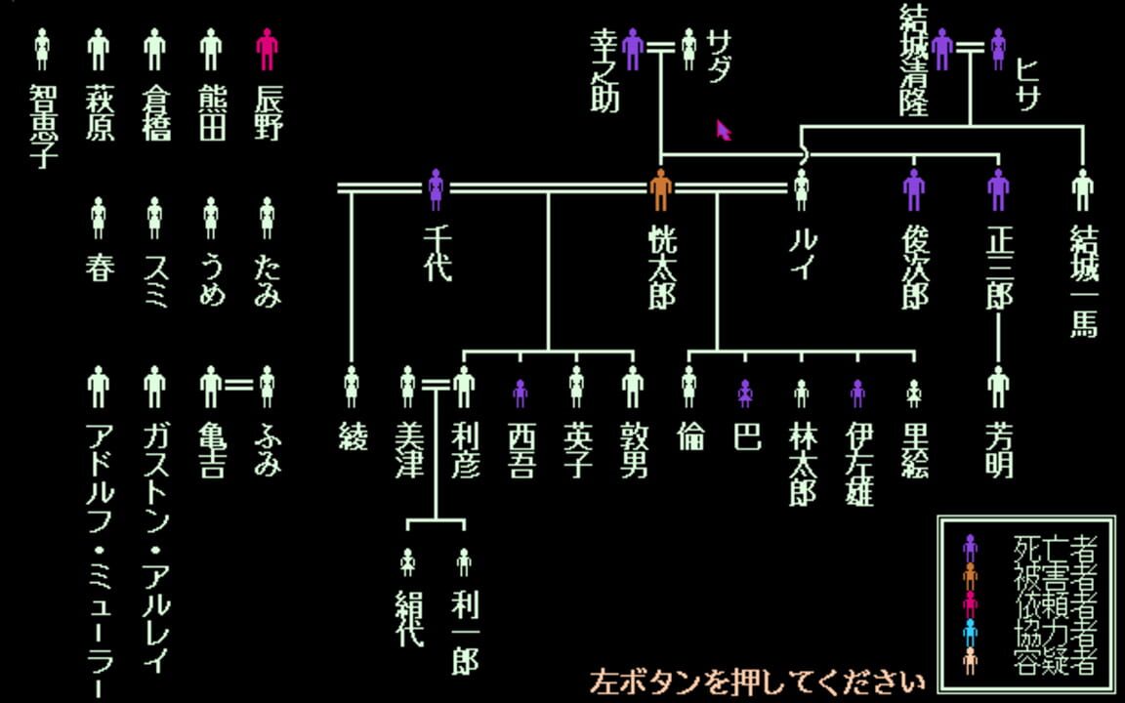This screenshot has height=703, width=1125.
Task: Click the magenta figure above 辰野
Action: point(267,49)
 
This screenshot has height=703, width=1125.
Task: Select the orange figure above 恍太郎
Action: point(661,189)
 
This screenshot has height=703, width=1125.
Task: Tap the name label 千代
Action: point(437,254)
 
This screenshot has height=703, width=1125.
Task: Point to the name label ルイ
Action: point(801,254)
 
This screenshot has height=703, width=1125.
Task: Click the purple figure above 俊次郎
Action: point(913,189)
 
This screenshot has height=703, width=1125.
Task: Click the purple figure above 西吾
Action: point(520,393)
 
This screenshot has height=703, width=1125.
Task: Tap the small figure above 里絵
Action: point(914,393)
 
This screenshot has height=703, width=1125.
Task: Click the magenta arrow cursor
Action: point(724,130)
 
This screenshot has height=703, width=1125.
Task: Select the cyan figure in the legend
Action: point(970,633)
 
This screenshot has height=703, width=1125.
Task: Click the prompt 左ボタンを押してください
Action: point(757,681)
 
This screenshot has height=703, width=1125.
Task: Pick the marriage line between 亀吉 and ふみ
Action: point(239,386)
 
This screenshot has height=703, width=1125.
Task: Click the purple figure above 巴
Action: point(745,393)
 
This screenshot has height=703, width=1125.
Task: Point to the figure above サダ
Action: point(689,49)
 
